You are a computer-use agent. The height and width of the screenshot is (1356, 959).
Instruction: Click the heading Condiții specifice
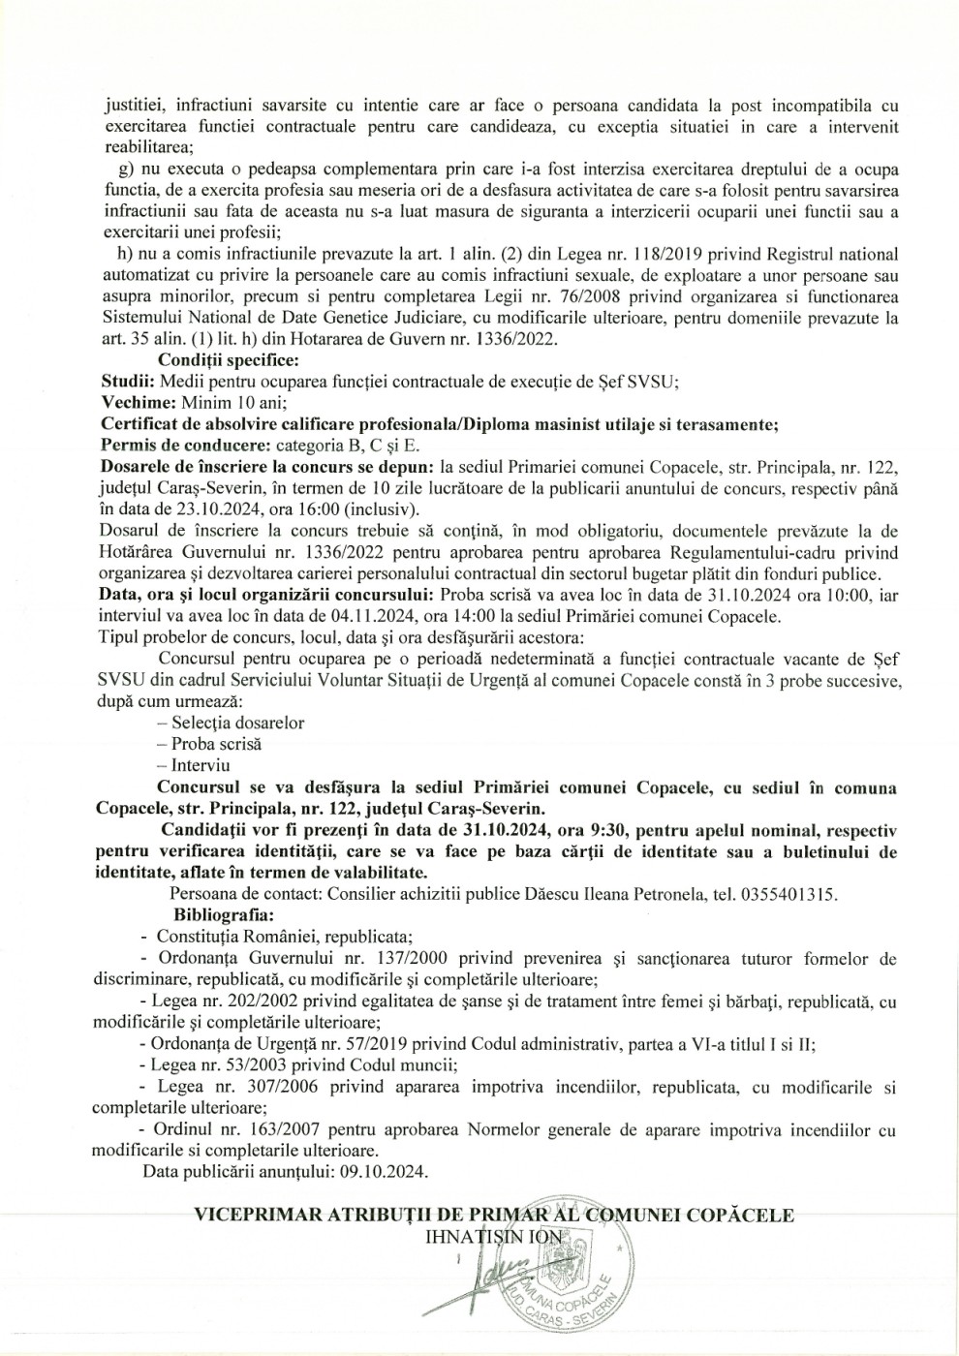click(x=222, y=361)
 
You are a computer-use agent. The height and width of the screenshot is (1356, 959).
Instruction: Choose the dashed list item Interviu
click(x=200, y=765)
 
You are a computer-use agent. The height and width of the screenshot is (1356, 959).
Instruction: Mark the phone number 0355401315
click(x=787, y=894)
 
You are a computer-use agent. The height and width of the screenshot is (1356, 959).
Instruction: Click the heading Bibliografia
click(x=224, y=914)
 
